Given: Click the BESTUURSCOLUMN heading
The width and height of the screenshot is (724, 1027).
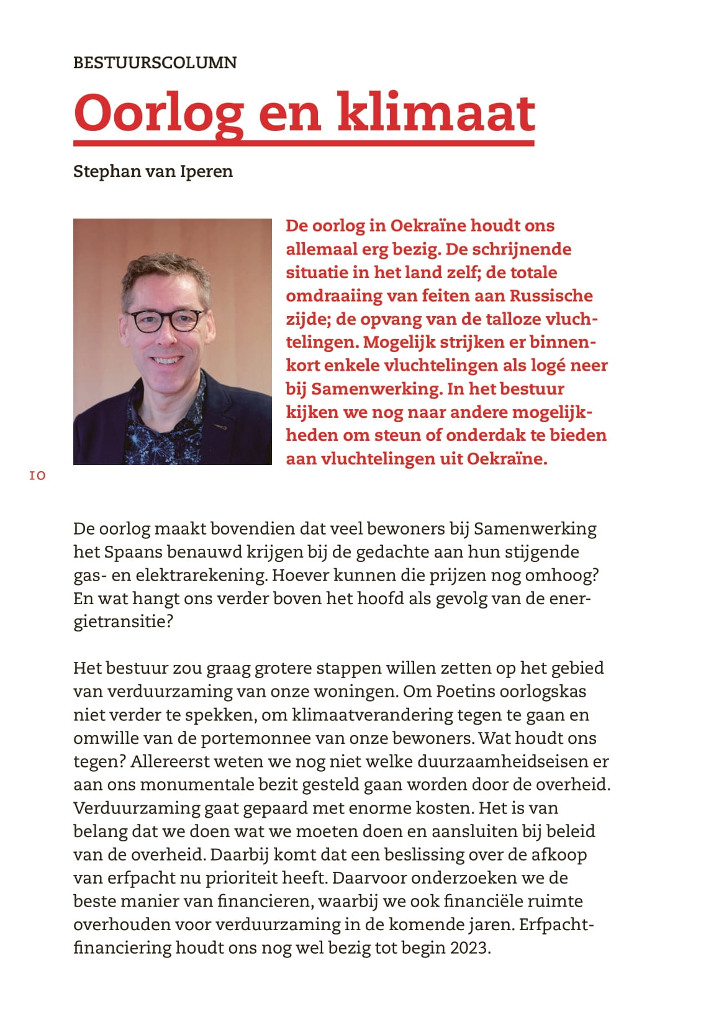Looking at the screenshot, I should (x=155, y=63).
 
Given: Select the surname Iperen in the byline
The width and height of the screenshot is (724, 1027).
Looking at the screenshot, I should (x=206, y=171).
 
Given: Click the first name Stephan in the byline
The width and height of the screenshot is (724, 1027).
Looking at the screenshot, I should (x=107, y=171).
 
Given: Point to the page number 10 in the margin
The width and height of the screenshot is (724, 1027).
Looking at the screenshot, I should (x=37, y=476).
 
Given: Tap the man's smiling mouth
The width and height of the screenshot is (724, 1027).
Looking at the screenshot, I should (x=168, y=360).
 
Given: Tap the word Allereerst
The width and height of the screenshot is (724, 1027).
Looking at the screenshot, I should (x=170, y=762).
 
